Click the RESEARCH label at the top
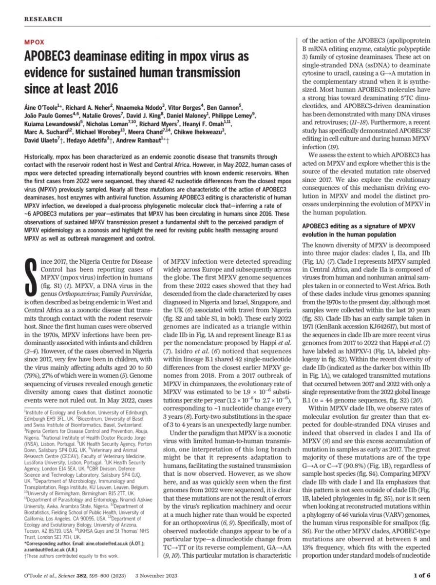pos(43,19)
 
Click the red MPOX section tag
pos(34,42)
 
